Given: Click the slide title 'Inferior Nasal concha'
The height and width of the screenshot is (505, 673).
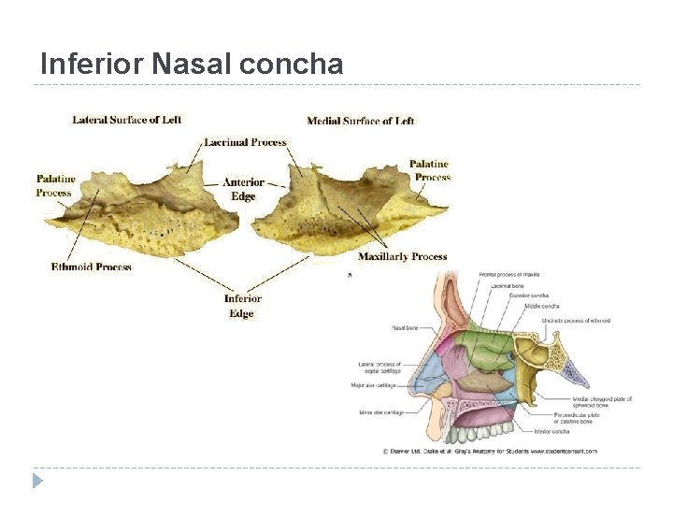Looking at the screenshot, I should (192, 64).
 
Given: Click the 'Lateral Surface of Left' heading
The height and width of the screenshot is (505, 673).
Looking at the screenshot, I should (126, 120).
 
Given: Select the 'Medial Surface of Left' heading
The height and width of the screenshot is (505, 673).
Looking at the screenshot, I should (361, 121).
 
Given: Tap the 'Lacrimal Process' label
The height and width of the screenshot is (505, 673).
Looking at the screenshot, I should (245, 142).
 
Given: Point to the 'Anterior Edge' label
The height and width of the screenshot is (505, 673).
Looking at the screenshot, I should (243, 189).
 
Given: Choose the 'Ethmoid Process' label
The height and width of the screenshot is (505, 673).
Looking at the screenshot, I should (92, 267).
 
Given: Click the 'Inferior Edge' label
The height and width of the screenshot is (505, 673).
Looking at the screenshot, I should (242, 306).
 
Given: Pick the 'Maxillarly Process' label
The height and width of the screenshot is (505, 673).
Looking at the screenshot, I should (402, 256).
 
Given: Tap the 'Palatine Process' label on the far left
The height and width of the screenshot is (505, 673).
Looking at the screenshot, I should (55, 185).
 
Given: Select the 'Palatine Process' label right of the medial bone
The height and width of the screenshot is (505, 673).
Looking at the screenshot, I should (430, 170).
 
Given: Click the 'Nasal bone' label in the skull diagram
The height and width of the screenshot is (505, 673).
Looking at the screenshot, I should (405, 328).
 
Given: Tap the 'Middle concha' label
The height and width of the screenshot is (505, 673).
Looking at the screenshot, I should (542, 306).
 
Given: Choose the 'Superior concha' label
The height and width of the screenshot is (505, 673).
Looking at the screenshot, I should (528, 295).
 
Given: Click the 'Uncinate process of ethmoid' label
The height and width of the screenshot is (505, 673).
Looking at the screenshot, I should (575, 321).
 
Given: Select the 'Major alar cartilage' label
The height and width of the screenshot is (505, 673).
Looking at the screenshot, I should (373, 384).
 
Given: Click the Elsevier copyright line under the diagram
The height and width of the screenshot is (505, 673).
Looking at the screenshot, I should (490, 451).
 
